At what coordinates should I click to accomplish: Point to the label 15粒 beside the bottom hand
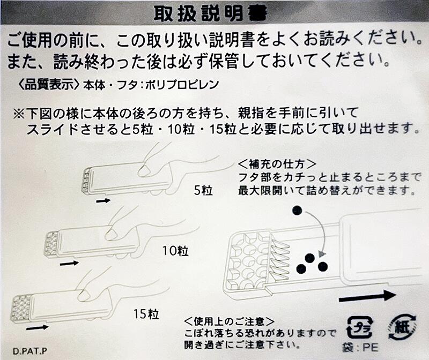coord(145,312)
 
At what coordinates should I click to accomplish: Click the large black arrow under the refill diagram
coord(367,296)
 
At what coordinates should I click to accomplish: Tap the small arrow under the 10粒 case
coord(69,263)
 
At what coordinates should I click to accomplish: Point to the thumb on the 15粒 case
coord(84,295)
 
